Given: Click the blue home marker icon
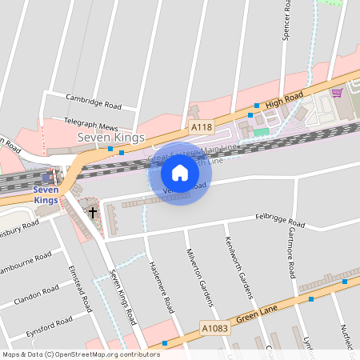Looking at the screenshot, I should tap(180, 172).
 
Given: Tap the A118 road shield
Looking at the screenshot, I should tap(202, 127).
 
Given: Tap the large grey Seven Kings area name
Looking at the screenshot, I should tap(110, 138).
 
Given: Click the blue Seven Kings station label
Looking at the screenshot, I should tap(46, 194).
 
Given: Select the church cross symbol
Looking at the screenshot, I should tap(93, 212).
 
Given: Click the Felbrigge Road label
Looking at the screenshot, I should tap(281, 219).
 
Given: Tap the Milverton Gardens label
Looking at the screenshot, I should tap(201, 276).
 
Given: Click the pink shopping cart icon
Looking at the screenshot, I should tap(337, 92).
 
